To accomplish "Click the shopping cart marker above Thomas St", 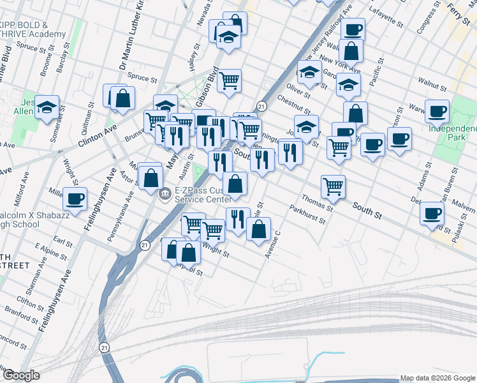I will (333, 186).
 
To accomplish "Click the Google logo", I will (21, 375).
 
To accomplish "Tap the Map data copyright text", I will (437, 378).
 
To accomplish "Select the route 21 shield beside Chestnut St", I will (261, 105).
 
